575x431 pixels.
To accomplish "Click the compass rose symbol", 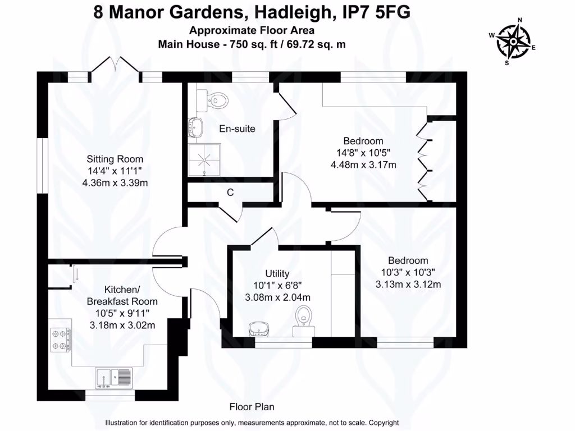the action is point(513,42).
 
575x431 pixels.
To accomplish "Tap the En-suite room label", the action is point(237,129).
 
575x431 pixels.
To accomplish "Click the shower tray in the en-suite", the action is point(204,159).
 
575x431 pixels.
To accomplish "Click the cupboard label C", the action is point(230,192).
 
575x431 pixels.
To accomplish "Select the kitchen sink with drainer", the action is point(113,378).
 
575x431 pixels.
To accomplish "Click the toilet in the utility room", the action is point(304,322).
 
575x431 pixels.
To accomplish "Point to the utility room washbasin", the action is point(259,329).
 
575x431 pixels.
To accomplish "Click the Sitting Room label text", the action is point(115,159).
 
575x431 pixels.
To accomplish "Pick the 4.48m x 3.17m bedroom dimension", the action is point(363,165).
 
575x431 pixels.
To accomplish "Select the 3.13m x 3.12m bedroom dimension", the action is point(408,285).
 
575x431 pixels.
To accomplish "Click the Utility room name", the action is point(277,273).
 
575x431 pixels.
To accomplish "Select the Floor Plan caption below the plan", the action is point(252,407).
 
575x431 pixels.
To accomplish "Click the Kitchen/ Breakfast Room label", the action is point(122,295).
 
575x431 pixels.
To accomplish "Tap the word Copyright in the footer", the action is point(384,423).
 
